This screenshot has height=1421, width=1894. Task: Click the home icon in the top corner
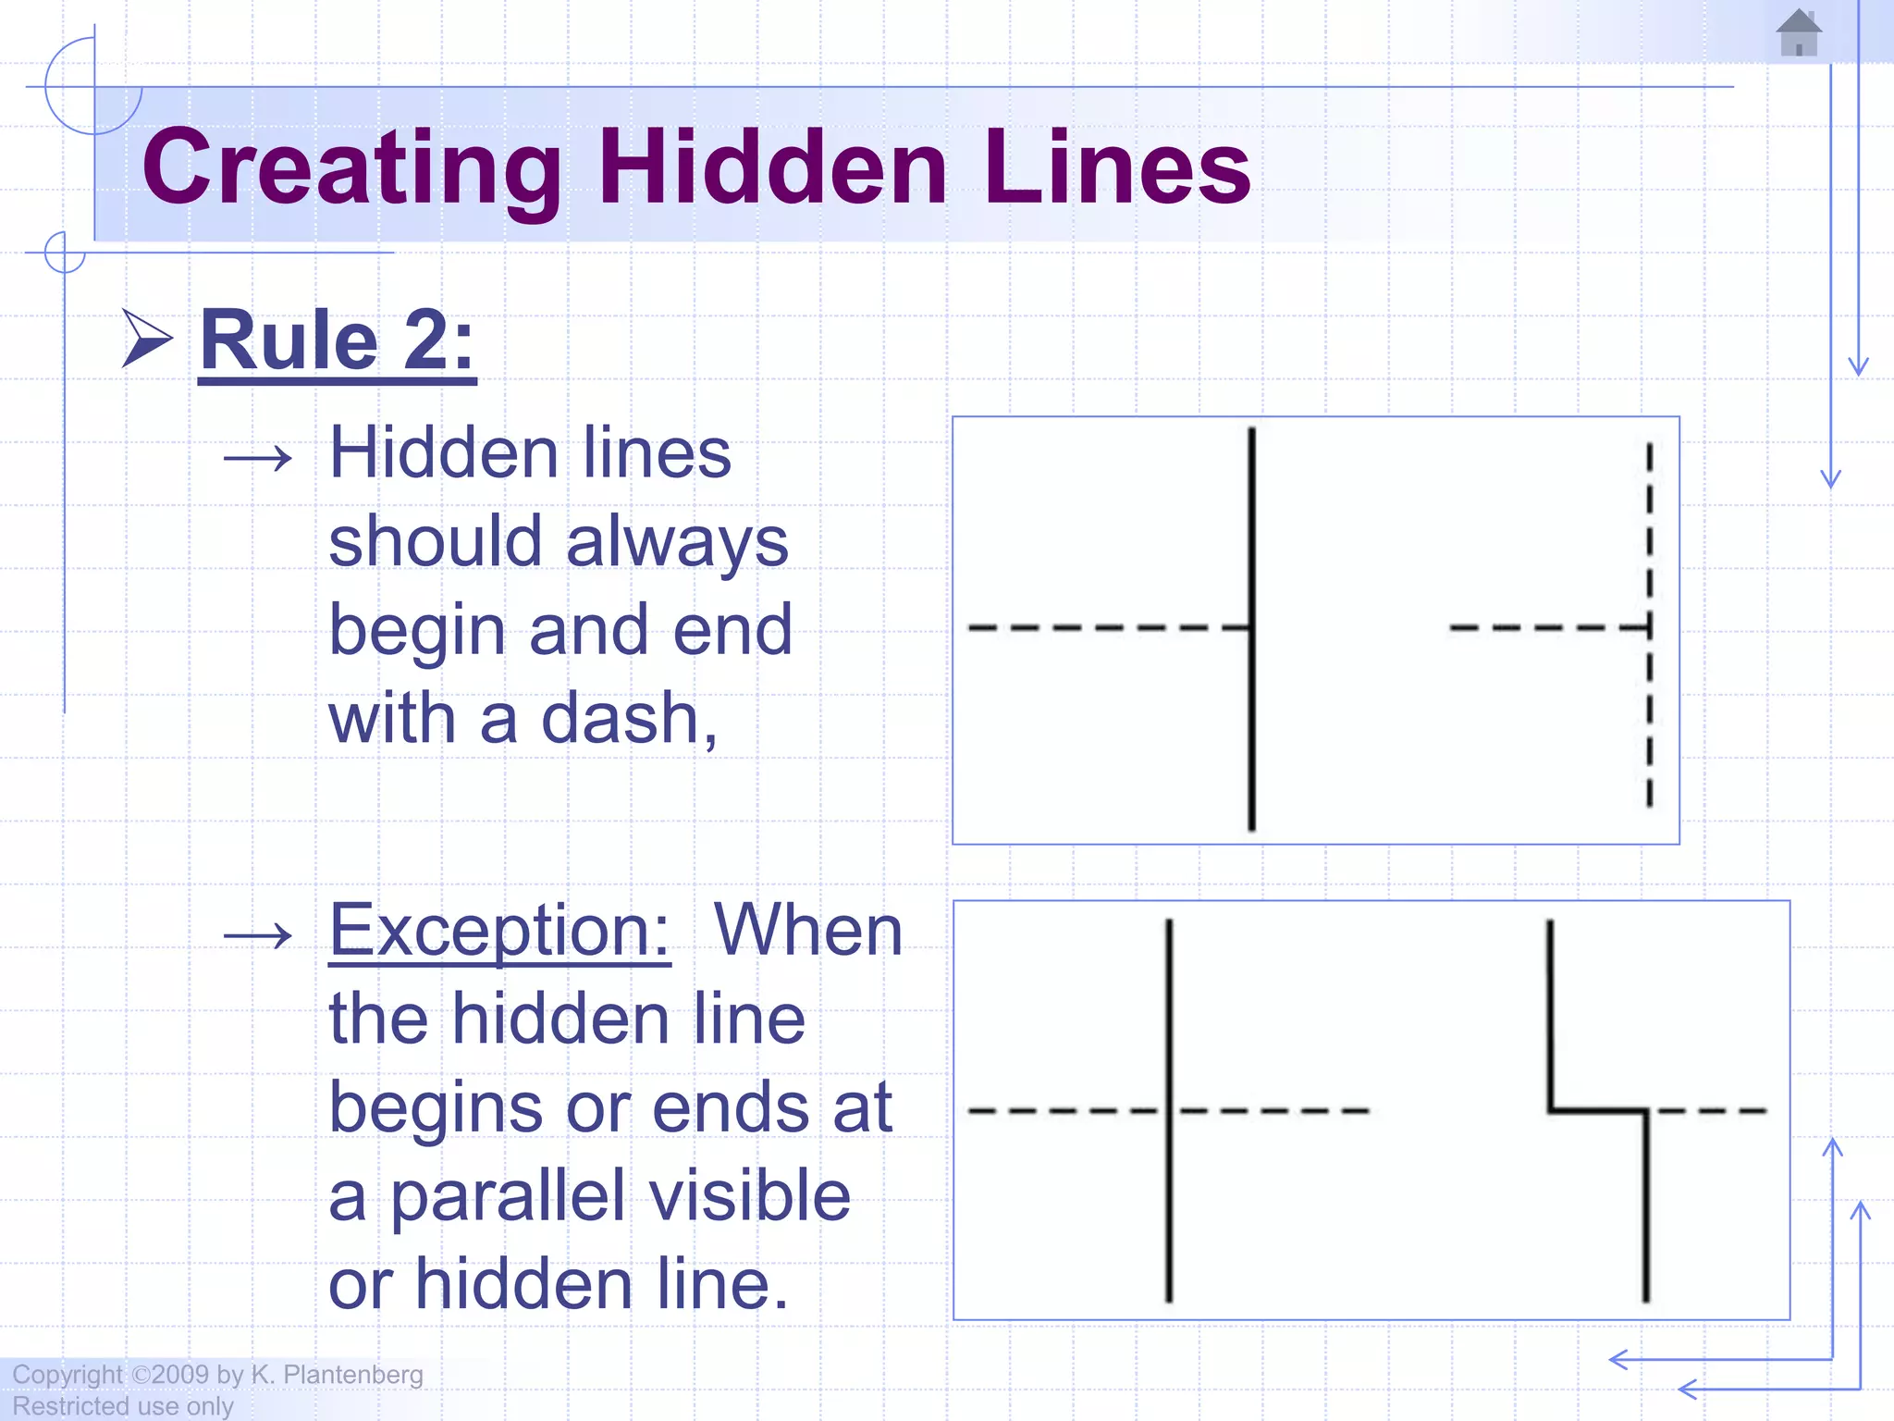pyautogui.click(x=1799, y=33)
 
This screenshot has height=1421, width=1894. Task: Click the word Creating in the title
pyautogui.click(x=351, y=167)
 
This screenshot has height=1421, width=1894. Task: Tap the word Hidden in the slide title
pyautogui.click(x=773, y=167)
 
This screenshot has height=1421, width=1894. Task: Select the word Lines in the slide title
pyautogui.click(x=1117, y=167)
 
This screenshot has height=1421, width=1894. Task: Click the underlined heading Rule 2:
pyautogui.click(x=337, y=341)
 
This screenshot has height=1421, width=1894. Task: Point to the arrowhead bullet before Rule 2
pyautogui.click(x=148, y=340)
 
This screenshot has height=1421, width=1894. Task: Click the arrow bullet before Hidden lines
pyautogui.click(x=258, y=458)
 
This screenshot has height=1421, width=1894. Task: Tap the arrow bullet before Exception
pyautogui.click(x=258, y=936)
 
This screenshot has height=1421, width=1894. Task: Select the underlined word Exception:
pyautogui.click(x=499, y=931)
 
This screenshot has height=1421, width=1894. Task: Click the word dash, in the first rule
pyautogui.click(x=629, y=719)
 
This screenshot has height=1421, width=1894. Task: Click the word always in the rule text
pyautogui.click(x=677, y=544)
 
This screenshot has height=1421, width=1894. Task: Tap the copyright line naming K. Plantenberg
pyautogui.click(x=218, y=1375)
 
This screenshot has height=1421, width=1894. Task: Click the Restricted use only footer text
pyautogui.click(x=123, y=1406)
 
